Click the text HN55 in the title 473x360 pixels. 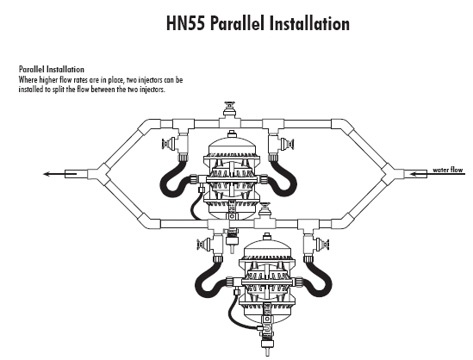[185, 23]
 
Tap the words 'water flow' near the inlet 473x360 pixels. [448, 170]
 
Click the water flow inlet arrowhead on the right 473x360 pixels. [413, 174]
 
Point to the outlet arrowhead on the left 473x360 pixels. [47, 174]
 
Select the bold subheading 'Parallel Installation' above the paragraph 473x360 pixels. [52, 70]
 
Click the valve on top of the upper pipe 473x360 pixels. [230, 109]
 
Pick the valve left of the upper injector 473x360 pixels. [169, 144]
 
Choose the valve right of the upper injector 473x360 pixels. [287, 144]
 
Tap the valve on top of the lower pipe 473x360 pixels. [265, 210]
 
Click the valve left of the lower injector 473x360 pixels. [204, 245]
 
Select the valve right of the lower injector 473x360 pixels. [321, 245]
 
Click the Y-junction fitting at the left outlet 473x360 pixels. [98, 174]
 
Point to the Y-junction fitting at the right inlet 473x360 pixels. [393, 174]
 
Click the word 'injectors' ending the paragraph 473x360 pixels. [152, 90]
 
